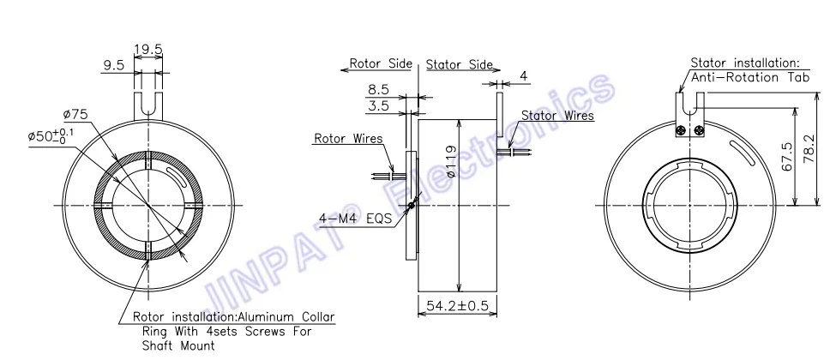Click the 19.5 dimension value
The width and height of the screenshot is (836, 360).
tap(147, 50)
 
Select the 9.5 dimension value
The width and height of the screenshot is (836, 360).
tap(113, 64)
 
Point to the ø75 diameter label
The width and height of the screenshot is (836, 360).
tap(76, 115)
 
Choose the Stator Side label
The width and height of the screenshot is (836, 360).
tap(460, 64)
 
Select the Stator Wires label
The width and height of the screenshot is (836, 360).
tap(557, 116)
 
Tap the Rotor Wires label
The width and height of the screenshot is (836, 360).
tap(348, 138)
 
